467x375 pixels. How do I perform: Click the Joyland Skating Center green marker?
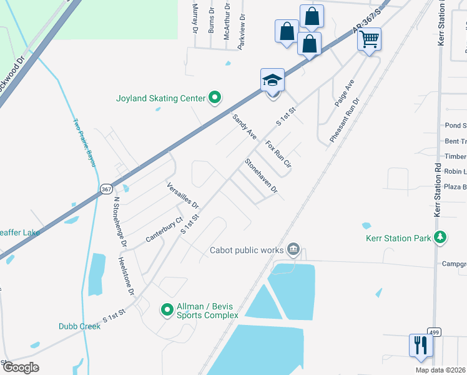tap(215, 97)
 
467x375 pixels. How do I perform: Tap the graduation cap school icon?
tap(272, 81)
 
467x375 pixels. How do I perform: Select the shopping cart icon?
tap(369, 39)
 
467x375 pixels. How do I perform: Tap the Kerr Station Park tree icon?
tap(441, 237)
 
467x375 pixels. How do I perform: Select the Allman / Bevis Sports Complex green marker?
tap(167, 309)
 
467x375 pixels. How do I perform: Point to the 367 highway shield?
tap(106, 189)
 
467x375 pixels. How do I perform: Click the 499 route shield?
tap(435, 331)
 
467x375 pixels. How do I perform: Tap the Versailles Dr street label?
tap(183, 195)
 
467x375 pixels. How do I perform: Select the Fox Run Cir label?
tap(278, 154)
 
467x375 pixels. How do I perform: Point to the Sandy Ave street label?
tap(244, 126)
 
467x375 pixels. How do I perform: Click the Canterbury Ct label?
tap(163, 230)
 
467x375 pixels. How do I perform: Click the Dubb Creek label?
tap(79, 326)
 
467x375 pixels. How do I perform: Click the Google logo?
tap(21, 367)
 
